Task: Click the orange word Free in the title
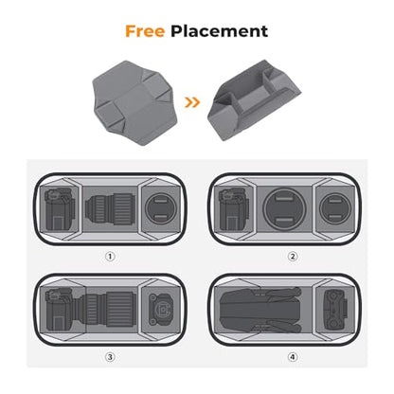coord(145,31)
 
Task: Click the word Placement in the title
coord(220,31)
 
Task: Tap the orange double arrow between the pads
coord(192,102)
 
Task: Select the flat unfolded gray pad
coord(132,102)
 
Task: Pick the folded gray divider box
coord(254,100)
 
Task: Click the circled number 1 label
coord(110,257)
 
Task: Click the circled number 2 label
coord(293,257)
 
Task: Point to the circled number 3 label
coord(110,357)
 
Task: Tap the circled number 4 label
coord(293,357)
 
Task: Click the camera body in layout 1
coord(60,209)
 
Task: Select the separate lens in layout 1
coord(111,210)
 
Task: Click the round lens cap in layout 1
coord(161,208)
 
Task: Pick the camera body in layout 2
coord(234,209)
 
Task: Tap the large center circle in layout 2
coord(284,208)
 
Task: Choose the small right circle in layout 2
coord(335,208)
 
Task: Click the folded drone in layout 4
coord(260,310)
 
